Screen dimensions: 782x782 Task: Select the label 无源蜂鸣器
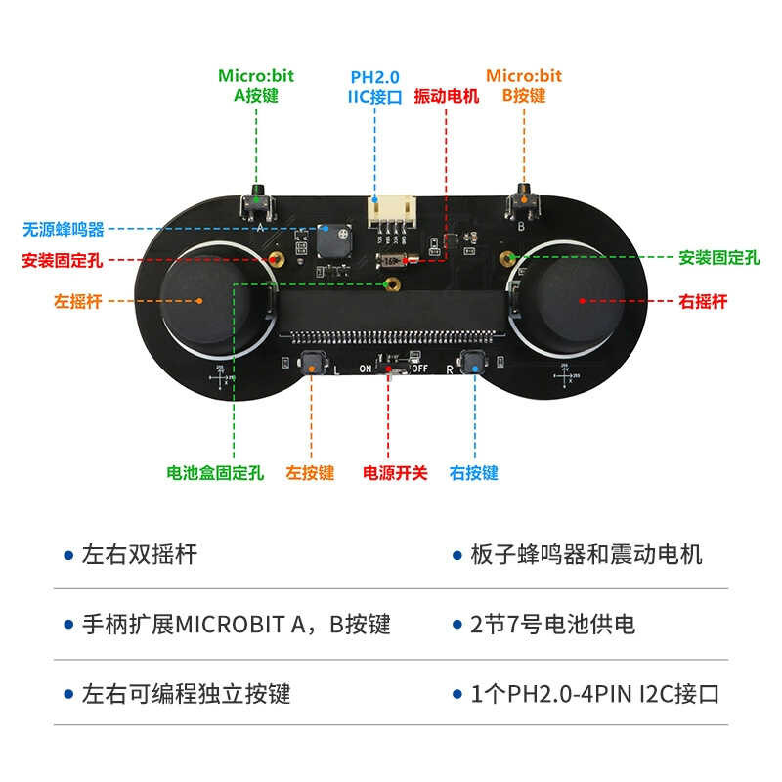(x=64, y=231)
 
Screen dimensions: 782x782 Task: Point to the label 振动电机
(x=447, y=97)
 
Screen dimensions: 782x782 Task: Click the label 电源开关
(x=395, y=473)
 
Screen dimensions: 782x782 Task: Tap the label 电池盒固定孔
(x=215, y=473)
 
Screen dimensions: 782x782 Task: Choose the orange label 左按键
(x=310, y=473)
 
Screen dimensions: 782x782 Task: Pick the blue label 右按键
(x=474, y=473)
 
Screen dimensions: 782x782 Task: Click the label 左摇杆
(x=78, y=302)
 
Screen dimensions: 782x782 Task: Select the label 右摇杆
(x=703, y=302)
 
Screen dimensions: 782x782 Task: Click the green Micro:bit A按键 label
(x=256, y=86)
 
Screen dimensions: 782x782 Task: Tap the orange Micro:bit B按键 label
(x=524, y=86)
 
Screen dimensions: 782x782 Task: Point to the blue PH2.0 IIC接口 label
(x=374, y=86)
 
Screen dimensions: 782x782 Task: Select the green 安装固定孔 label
(x=719, y=259)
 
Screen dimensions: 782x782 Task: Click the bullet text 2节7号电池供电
(x=552, y=624)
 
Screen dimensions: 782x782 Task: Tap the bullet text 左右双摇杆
(x=140, y=555)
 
